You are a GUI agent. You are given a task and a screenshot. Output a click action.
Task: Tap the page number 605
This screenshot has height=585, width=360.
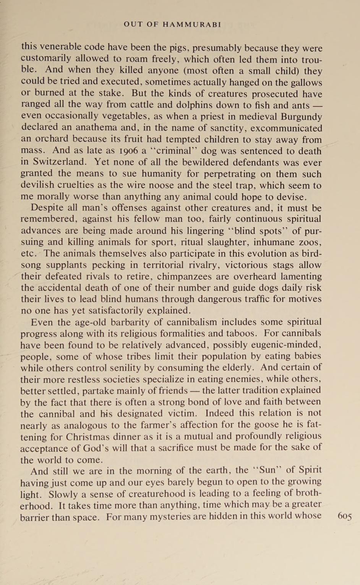tap(345, 516)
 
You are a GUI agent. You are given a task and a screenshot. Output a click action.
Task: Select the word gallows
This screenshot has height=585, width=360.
tap(303, 83)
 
